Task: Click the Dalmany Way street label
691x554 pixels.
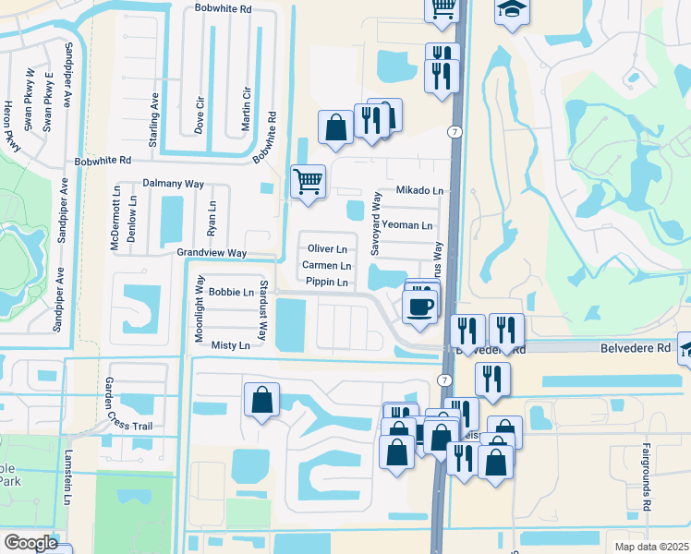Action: [174, 184]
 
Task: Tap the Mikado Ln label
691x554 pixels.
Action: [420, 190]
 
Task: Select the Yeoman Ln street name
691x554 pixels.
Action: [407, 225]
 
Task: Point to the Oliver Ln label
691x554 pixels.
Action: [327, 249]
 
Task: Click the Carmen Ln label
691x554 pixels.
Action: [327, 266]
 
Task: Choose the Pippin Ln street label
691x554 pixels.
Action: [327, 282]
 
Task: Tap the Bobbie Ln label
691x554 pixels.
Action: [231, 292]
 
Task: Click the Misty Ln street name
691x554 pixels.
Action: [230, 345]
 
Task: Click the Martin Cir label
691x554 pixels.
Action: [247, 108]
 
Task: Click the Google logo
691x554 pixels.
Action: [30, 543]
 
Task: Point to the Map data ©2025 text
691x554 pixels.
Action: [651, 547]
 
